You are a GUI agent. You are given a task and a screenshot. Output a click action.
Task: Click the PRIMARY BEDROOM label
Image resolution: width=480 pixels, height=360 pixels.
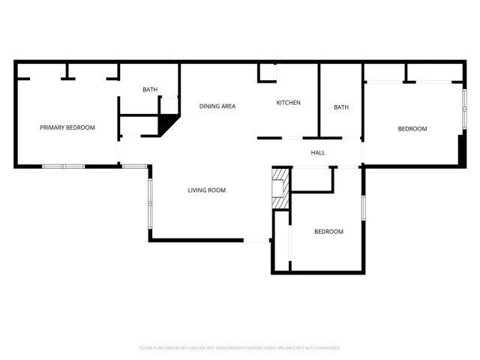67,127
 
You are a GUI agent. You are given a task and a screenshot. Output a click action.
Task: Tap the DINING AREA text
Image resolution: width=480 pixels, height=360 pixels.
217,106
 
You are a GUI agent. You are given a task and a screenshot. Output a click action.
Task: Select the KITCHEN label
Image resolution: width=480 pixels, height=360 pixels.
289,103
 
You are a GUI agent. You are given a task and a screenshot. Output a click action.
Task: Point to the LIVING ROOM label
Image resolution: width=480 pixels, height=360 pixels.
207,190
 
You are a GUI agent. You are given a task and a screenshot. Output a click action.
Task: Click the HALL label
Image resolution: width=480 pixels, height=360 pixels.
318,153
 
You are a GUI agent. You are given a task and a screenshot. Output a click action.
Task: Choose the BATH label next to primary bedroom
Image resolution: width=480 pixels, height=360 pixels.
150,90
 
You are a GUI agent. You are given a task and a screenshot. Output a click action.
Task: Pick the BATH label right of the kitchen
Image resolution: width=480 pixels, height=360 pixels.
341,107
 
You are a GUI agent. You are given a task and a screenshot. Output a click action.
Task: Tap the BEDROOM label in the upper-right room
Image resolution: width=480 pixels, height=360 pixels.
412,129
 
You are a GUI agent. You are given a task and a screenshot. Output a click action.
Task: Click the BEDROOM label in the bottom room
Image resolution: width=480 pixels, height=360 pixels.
328,232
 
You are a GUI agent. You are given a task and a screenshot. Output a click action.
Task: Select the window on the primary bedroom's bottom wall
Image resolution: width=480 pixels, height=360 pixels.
63,166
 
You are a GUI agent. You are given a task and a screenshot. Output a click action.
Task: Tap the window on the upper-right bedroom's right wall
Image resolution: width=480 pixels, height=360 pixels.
463,109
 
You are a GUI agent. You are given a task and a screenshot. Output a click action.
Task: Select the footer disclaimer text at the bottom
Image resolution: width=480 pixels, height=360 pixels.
240,348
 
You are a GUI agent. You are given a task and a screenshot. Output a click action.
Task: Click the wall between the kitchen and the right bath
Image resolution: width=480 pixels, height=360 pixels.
319,100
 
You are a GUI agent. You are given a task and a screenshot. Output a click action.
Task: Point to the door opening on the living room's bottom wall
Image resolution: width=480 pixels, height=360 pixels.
257,240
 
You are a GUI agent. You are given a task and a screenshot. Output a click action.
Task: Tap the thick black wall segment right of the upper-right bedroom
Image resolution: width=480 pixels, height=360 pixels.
460,151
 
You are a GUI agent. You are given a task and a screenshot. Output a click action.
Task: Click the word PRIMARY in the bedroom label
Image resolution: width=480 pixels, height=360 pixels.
52,127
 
